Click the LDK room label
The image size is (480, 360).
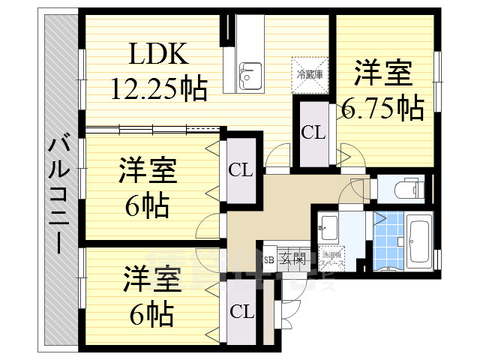click(157, 55)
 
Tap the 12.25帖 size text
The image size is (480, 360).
click(159, 88)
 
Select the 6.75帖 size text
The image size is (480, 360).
click(382, 109)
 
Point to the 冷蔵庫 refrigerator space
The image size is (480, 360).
click(309, 74)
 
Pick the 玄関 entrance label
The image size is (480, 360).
click(292, 260)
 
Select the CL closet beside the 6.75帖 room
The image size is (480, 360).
click(313, 133)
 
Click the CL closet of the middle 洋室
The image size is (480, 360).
click(241, 170)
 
